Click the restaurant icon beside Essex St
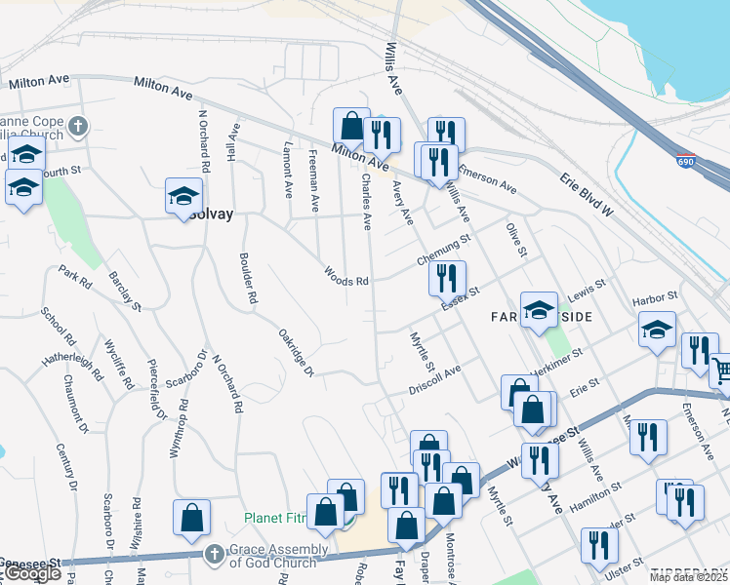tap(447, 279)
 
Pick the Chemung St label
tap(443, 251)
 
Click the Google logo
tap(32, 574)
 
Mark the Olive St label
tap(516, 239)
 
